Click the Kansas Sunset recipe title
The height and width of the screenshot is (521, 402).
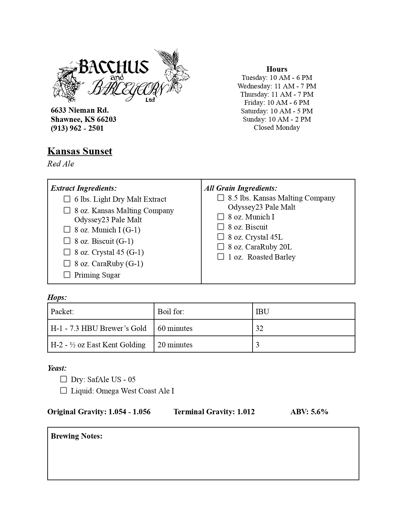point(80,151)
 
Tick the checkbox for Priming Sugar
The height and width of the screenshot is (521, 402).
point(67,275)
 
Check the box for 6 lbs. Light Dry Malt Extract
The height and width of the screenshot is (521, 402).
point(67,199)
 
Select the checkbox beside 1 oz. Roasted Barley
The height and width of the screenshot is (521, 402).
point(221,257)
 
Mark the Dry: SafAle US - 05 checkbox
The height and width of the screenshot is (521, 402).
point(64,379)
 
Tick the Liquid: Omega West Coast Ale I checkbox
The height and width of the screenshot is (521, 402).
point(64,391)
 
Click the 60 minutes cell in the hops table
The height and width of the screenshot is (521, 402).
point(175,328)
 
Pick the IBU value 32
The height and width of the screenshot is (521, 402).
point(259,328)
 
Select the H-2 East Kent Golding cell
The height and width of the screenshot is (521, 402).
point(98,345)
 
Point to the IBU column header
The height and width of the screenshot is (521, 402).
point(262,312)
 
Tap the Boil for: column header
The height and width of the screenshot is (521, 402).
point(171,312)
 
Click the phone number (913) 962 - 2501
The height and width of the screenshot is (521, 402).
point(77,128)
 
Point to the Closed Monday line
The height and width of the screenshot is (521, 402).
point(277,128)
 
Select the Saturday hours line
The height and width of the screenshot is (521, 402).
point(277,111)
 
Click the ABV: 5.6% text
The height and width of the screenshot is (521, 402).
point(309,412)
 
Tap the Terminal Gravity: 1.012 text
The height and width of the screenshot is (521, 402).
point(214,412)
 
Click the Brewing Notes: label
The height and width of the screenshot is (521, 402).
point(77,436)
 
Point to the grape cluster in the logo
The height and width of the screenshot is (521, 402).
point(71,88)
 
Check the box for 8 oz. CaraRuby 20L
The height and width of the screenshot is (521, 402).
point(221,247)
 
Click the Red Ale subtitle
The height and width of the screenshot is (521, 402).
point(61,164)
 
